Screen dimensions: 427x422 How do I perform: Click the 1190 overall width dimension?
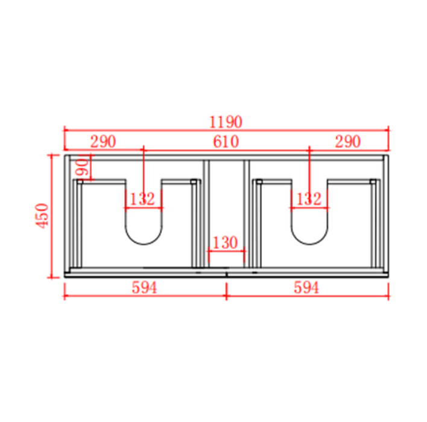226,122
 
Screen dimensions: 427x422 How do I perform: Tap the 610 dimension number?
226,142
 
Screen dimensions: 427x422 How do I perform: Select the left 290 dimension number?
103,142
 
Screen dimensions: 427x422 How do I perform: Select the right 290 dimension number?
348,142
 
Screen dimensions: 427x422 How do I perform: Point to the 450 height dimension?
42,216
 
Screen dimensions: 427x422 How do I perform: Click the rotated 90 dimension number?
82,167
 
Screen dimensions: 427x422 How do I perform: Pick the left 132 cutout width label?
142,199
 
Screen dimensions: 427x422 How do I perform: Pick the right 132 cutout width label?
309,199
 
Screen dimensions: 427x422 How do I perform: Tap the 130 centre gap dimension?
225,242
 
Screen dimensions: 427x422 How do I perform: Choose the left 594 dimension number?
144,288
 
